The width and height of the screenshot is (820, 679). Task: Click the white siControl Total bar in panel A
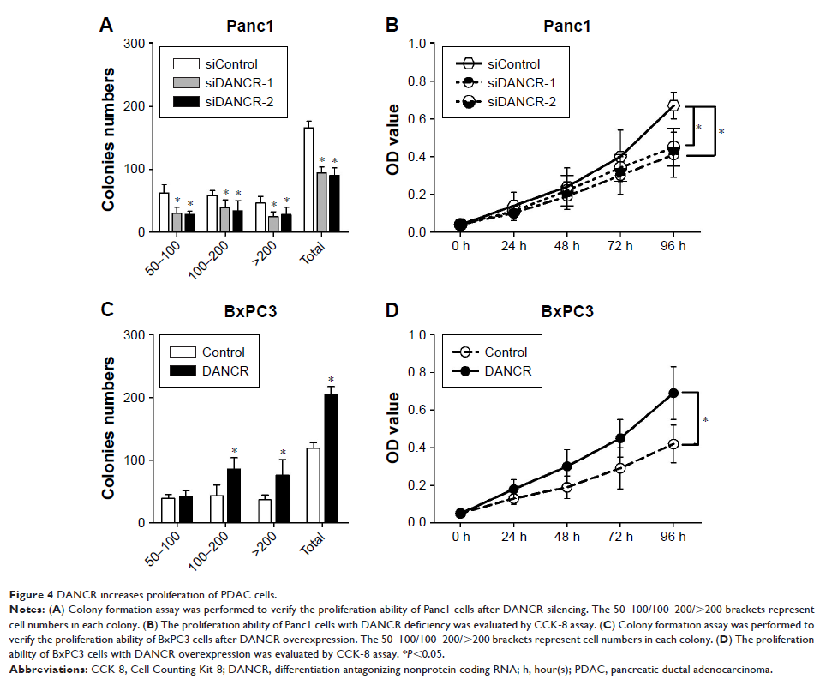click(x=308, y=180)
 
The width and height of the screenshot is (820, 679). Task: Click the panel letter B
click(x=392, y=27)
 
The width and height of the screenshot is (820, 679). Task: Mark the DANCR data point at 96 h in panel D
click(x=673, y=393)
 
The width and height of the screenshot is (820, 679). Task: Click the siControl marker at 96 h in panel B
click(x=673, y=105)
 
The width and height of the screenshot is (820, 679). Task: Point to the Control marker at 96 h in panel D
click(x=673, y=443)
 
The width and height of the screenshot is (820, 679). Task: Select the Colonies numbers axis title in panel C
click(x=111, y=429)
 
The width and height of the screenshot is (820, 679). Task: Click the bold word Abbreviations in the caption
click(x=44, y=665)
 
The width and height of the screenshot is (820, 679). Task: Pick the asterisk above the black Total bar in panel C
click(x=330, y=379)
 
